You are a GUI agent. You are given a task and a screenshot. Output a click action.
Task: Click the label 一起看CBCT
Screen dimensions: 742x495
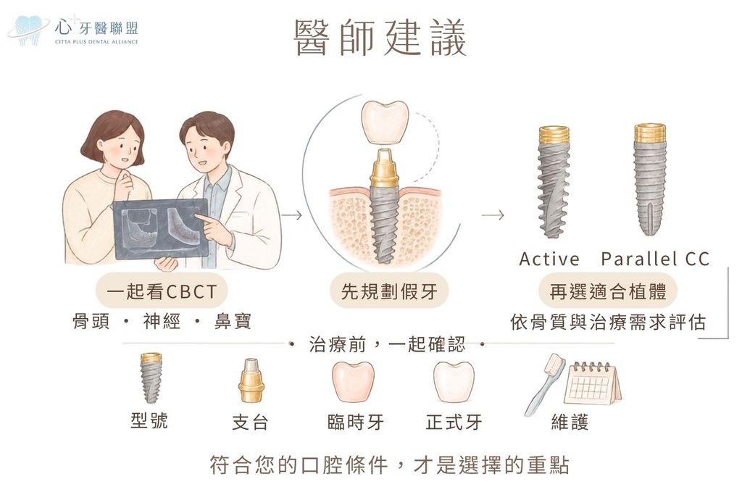pyautogui.click(x=162, y=291)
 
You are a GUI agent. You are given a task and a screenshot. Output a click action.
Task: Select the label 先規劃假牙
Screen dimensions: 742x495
pyautogui.click(x=389, y=291)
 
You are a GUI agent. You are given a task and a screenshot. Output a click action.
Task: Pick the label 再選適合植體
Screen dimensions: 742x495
pyautogui.click(x=608, y=291)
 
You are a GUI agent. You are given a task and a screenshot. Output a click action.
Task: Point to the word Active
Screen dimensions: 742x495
pyautogui.click(x=549, y=259)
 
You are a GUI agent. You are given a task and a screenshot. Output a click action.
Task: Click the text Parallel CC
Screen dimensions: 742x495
pyautogui.click(x=655, y=259)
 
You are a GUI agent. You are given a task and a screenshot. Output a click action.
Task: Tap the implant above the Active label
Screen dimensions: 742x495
pyautogui.click(x=554, y=182)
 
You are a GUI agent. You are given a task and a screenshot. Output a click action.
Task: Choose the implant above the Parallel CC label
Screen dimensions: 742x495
pyautogui.click(x=650, y=180)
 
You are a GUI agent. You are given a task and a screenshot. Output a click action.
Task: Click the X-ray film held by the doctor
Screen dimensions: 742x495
pyautogui.click(x=161, y=228)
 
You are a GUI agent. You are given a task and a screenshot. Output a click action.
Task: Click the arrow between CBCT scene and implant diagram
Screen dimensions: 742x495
pyautogui.click(x=291, y=216)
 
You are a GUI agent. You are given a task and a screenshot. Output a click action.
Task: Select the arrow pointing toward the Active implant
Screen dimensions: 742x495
pyautogui.click(x=493, y=216)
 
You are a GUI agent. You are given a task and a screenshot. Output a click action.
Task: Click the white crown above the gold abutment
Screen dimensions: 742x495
pyautogui.click(x=384, y=122)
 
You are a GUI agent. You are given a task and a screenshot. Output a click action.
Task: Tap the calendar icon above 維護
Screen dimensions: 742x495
pyautogui.click(x=593, y=383)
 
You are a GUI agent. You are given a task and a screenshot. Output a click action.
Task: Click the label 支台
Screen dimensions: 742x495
pyautogui.click(x=250, y=422)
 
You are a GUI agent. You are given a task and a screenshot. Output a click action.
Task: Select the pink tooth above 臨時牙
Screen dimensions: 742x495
pyautogui.click(x=353, y=382)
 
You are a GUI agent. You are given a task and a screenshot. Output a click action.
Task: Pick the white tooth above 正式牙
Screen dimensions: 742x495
pyautogui.click(x=454, y=382)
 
